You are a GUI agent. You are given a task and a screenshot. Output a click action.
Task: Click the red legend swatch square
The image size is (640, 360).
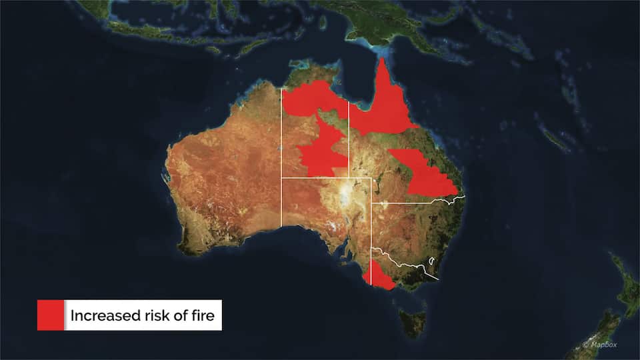tap(50, 315)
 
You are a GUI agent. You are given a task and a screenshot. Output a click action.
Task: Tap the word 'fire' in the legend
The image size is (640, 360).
tap(201, 315)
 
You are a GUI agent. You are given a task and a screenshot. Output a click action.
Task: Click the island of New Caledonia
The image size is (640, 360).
tap(553, 137)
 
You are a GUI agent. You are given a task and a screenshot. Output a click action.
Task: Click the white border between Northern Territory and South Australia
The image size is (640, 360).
tap(327, 178)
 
